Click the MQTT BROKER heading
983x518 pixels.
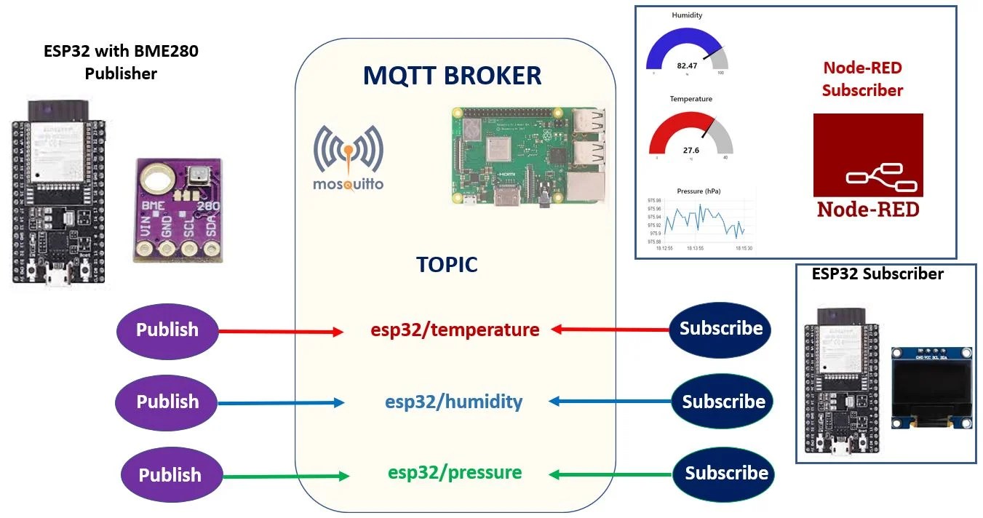point(452,76)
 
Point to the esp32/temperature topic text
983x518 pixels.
point(455,330)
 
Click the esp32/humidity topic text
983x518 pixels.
point(453,401)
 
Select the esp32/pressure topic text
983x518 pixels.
point(455,472)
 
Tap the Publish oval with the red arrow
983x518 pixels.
point(167,330)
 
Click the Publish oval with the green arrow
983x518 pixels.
point(170,475)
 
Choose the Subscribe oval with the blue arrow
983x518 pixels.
point(723,401)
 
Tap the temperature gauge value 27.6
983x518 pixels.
point(691,150)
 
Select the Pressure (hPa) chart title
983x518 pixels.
point(699,191)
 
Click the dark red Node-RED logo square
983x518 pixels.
point(867,166)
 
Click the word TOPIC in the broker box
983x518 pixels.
point(447,264)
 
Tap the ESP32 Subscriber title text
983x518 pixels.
point(877,274)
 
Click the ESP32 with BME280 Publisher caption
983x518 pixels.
point(121,63)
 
